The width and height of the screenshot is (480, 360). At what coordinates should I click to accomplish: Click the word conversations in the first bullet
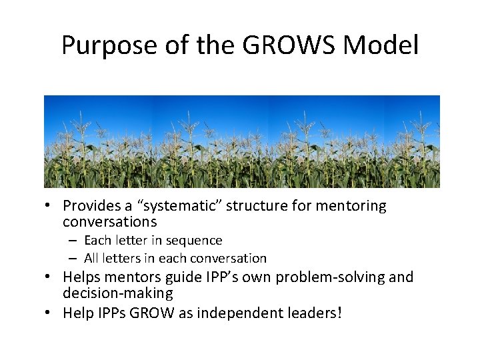(110, 221)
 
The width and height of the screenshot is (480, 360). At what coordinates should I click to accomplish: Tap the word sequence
(197, 240)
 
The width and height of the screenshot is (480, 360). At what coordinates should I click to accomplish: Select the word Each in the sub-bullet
(97, 240)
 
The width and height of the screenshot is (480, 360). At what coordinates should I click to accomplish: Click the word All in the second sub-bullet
(91, 258)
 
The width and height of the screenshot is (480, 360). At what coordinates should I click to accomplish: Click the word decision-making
(118, 293)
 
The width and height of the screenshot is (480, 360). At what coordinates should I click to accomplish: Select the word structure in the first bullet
(255, 206)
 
